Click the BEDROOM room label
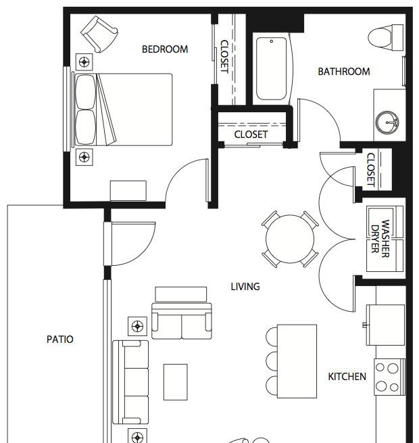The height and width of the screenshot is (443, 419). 165,49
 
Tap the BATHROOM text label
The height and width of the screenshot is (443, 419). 344,72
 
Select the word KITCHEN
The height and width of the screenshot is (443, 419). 347,376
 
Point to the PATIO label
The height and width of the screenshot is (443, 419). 60,339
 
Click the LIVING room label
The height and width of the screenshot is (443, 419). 245,287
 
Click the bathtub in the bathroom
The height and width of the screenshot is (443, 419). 271,69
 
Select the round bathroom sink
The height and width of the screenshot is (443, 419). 387,122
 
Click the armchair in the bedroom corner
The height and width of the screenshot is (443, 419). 99,34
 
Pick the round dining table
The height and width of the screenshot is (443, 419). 290,239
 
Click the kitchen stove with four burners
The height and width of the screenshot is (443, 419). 390,377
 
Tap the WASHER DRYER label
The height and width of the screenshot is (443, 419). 380,239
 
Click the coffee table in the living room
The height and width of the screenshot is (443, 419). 175,382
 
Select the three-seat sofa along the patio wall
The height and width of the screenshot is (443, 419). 130,382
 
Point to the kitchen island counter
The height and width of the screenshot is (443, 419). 297,361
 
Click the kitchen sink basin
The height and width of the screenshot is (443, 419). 385,325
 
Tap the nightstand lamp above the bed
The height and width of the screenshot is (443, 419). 84,62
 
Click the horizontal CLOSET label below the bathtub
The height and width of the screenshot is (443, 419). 251,135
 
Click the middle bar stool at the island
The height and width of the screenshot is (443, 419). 272,361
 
